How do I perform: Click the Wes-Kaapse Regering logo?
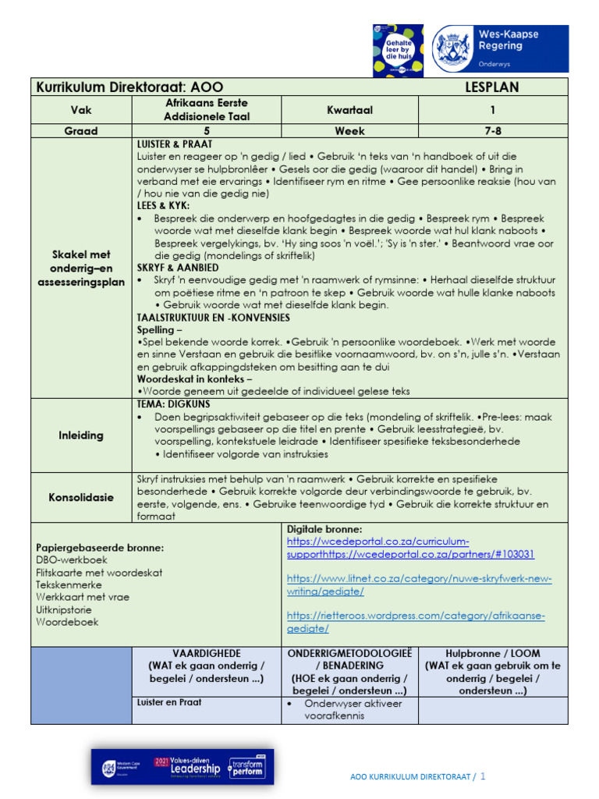(500, 48)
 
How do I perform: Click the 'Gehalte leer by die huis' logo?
(398, 50)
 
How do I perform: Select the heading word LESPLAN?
(491, 87)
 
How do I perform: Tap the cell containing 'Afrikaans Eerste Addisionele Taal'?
(207, 109)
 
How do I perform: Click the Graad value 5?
(207, 131)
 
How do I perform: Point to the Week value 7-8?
(492, 131)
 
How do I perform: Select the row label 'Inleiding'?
(81, 435)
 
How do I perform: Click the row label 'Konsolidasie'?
(81, 497)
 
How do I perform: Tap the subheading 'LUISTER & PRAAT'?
(175, 144)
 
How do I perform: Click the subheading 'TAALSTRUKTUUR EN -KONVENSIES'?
(213, 318)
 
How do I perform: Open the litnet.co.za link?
(419, 584)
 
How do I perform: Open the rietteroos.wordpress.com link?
(416, 622)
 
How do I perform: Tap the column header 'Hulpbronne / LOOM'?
(492, 653)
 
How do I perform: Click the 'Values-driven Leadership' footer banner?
(183, 766)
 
